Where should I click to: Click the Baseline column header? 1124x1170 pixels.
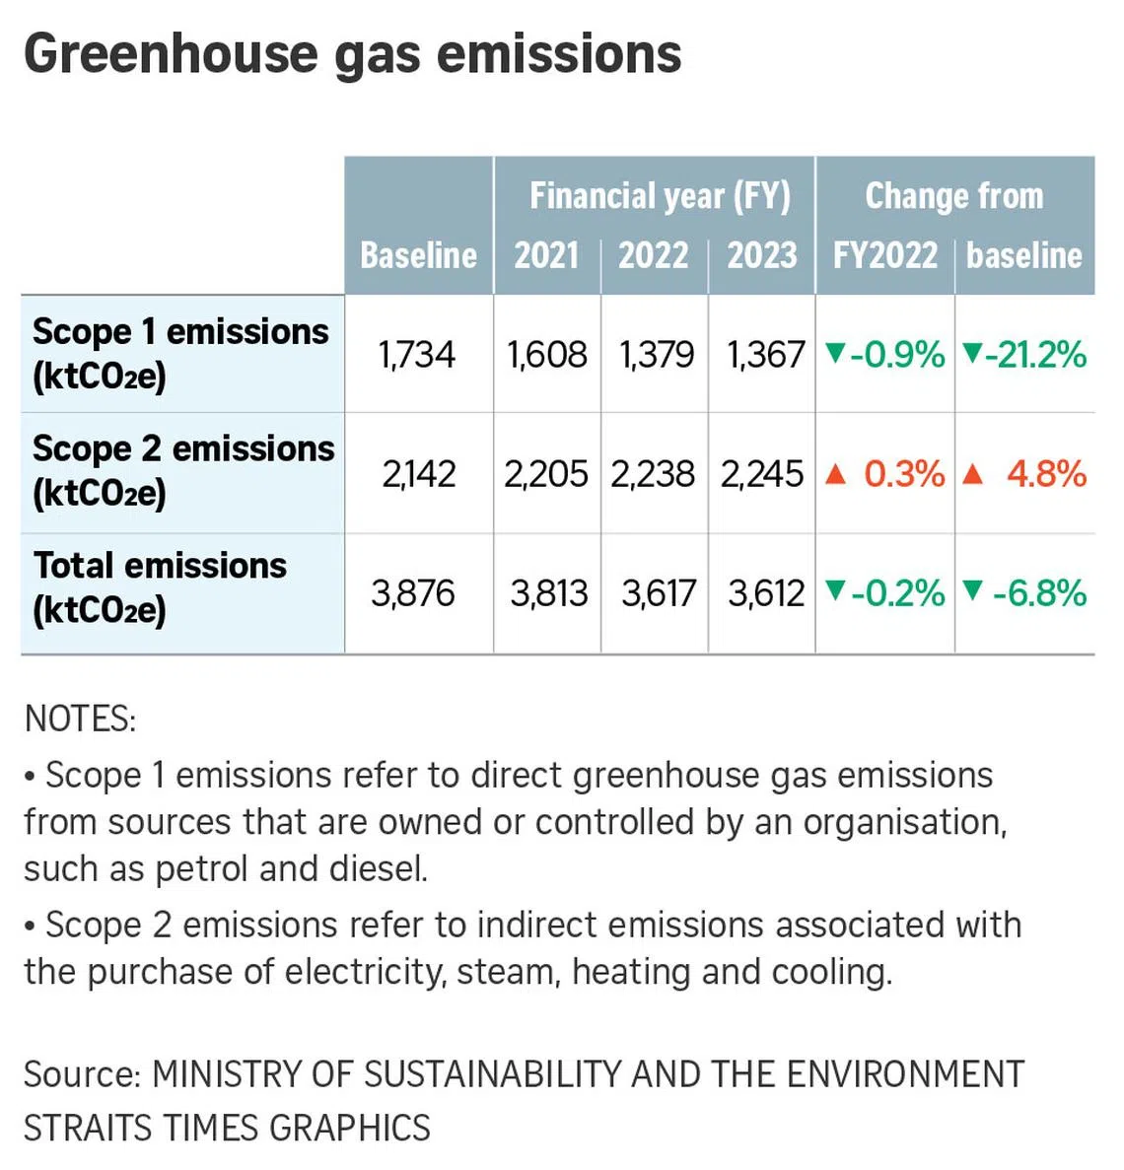tap(418, 255)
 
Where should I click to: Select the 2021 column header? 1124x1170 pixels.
tap(546, 255)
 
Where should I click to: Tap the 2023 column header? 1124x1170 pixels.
tap(761, 255)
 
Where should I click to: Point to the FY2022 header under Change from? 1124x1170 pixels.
tap(884, 255)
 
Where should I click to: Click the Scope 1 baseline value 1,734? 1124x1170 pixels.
tap(417, 355)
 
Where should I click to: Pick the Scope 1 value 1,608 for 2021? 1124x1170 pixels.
tap(547, 355)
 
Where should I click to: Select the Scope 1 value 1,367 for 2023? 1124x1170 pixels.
tap(765, 355)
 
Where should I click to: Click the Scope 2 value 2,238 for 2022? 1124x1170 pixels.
tap(653, 474)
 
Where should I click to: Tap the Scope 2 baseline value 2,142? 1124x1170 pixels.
tap(419, 474)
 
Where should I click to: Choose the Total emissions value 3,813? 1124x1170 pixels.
tap(548, 593)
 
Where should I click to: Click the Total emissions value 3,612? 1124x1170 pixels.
tap(766, 593)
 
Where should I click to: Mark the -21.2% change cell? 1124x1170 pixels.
tap(1025, 355)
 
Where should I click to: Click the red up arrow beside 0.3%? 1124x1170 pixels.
tap(835, 475)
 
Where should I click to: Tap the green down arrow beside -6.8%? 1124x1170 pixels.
tap(973, 591)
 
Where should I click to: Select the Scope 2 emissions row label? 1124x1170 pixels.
tap(182, 470)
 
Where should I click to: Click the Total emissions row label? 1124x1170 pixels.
tap(160, 587)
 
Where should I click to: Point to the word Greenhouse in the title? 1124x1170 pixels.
tap(171, 54)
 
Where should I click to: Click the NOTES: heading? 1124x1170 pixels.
tap(80, 719)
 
